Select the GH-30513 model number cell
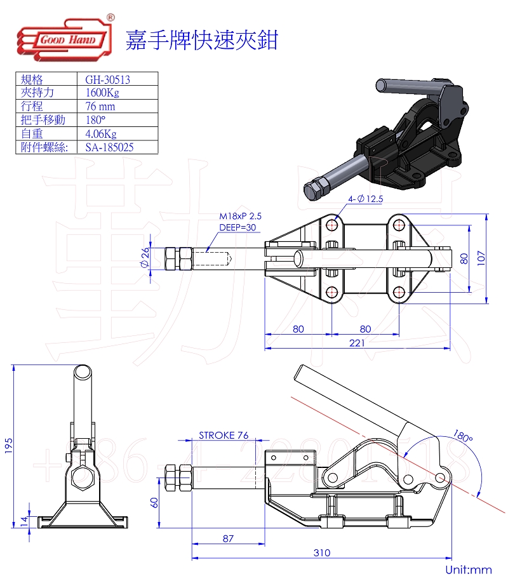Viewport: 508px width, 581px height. tap(108, 79)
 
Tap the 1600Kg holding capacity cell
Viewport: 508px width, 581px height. tap(102, 93)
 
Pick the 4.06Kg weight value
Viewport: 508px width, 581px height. tap(101, 133)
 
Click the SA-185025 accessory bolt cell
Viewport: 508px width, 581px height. tap(109, 147)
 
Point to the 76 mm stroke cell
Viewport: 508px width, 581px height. tap(100, 106)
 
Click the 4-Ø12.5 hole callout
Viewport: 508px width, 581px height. tap(365, 199)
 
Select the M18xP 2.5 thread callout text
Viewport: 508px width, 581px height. tap(240, 216)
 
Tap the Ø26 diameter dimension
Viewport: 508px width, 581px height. tap(145, 258)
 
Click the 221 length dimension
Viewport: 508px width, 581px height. tap(358, 343)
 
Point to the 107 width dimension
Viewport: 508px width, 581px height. tap(481, 258)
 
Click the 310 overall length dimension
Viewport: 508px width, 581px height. tap(321, 553)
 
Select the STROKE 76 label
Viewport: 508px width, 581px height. tap(224, 436)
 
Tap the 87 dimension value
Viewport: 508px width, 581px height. tap(228, 538)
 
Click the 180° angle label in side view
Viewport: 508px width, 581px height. tap(463, 436)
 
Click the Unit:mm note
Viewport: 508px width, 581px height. tap(469, 570)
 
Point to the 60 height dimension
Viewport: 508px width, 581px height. tap(154, 502)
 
